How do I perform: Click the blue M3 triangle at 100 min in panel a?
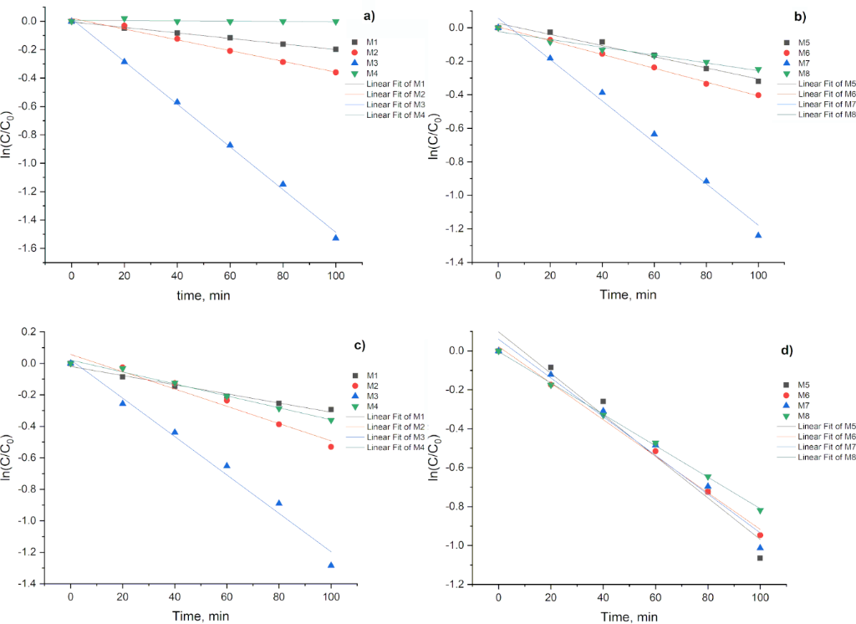pyautogui.click(x=336, y=238)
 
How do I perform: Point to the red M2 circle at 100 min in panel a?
pyautogui.click(x=336, y=73)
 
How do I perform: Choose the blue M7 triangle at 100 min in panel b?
pyautogui.click(x=759, y=235)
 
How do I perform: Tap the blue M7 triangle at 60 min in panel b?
pyautogui.click(x=655, y=134)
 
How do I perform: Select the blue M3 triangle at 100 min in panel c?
pyautogui.click(x=331, y=565)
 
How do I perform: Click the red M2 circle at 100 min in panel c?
pyautogui.click(x=331, y=447)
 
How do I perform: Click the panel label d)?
pyautogui.click(x=786, y=350)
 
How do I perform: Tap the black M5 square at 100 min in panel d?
pyautogui.click(x=760, y=558)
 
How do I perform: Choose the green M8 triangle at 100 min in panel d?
pyautogui.click(x=760, y=510)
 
